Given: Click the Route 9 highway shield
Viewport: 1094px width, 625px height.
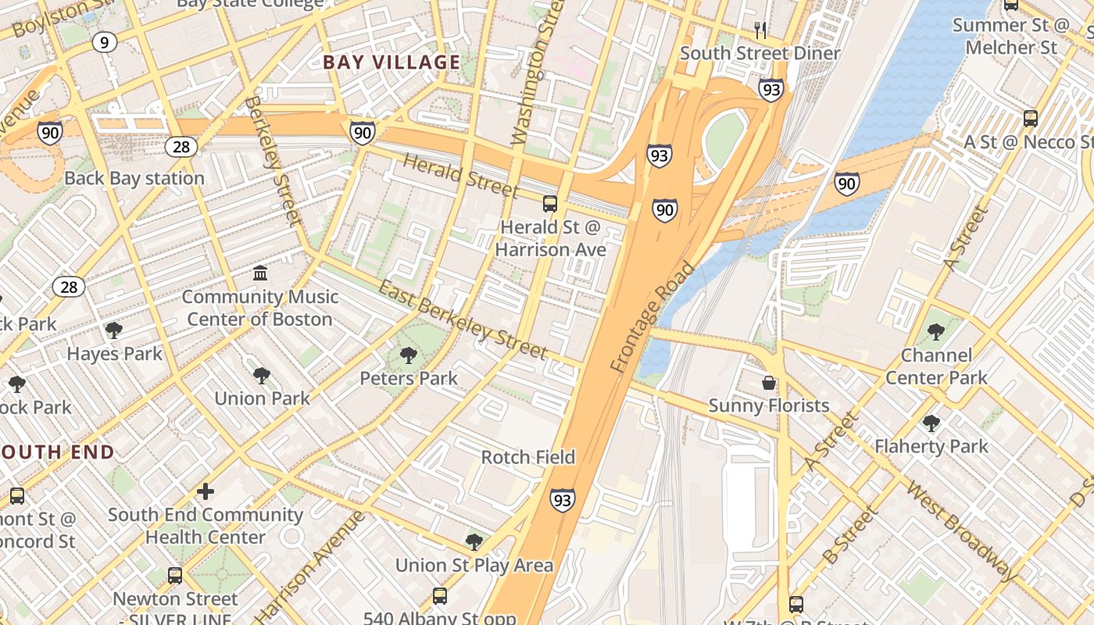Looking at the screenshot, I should [104, 42].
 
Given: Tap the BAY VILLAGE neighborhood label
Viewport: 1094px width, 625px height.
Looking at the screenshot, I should [391, 62].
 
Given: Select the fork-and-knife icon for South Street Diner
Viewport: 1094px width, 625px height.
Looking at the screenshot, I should [760, 30].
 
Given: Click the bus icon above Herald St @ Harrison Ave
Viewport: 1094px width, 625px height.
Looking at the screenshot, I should [550, 204].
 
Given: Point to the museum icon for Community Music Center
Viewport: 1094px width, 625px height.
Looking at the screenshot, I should [260, 273].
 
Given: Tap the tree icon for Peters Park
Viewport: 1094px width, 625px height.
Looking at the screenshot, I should [408, 356].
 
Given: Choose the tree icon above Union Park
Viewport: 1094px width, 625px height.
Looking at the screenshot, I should [262, 376].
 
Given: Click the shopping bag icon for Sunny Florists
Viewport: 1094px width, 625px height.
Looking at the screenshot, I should [769, 383].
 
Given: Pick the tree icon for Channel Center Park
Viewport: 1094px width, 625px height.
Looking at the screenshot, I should [935, 332].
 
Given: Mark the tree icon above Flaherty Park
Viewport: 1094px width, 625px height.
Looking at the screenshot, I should [931, 423].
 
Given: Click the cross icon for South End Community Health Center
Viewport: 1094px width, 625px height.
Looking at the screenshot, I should [206, 491].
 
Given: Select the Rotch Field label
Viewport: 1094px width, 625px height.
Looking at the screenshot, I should [528, 457].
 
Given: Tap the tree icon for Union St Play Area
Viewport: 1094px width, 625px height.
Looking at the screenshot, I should [474, 542].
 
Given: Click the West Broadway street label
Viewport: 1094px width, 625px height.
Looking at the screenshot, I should [962, 530].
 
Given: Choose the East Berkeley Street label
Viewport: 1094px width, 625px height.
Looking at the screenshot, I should [463, 320].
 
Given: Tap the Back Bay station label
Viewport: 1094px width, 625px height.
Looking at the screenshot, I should [134, 178].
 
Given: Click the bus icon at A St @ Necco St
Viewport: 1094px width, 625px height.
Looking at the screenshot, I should [1031, 119].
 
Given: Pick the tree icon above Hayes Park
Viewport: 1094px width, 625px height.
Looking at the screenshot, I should [114, 330].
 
